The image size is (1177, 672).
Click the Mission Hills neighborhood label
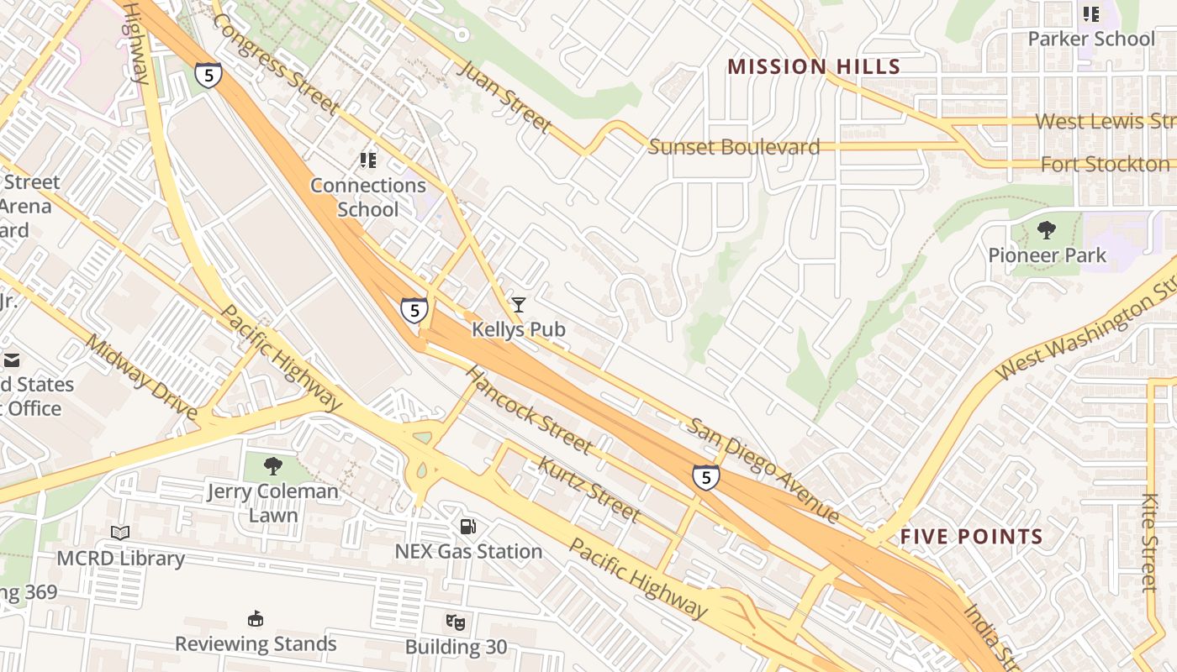click(813, 67)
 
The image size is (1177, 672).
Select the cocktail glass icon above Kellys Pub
click(519, 305)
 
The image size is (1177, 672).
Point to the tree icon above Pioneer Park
click(1047, 230)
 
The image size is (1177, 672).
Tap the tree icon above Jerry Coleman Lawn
click(272, 466)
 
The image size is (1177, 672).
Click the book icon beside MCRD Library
click(120, 533)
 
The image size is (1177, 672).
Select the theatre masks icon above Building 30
click(456, 622)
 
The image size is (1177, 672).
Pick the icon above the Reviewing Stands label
click(256, 619)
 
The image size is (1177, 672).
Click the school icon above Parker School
click(1091, 14)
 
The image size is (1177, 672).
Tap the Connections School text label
click(368, 197)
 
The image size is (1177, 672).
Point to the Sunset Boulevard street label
click(734, 147)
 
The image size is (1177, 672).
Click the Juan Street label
click(504, 96)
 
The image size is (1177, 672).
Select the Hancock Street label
click(529, 409)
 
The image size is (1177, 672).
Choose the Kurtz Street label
click(588, 489)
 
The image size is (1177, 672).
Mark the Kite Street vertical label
click(1150, 542)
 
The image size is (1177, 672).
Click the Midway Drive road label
click(142, 378)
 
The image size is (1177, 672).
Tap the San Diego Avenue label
click(763, 469)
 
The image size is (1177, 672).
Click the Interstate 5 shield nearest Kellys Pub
click(414, 310)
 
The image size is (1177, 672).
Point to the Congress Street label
click(277, 65)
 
